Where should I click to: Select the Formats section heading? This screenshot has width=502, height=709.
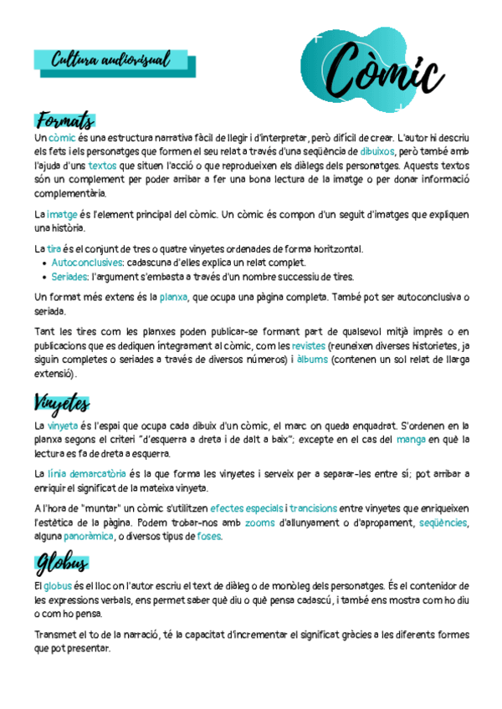[x=65, y=120]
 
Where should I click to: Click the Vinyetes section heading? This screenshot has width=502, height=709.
[x=62, y=404]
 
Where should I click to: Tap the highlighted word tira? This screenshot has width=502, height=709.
[x=54, y=249]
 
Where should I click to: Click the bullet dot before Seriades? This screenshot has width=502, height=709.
[x=44, y=277]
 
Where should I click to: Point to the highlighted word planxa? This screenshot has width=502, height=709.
[x=173, y=297]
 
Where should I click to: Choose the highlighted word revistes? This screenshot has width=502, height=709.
[x=308, y=344]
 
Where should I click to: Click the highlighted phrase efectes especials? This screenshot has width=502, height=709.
[x=247, y=508]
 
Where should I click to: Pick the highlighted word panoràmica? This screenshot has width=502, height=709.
[x=89, y=536]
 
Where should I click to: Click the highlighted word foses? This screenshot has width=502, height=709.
[x=208, y=536]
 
